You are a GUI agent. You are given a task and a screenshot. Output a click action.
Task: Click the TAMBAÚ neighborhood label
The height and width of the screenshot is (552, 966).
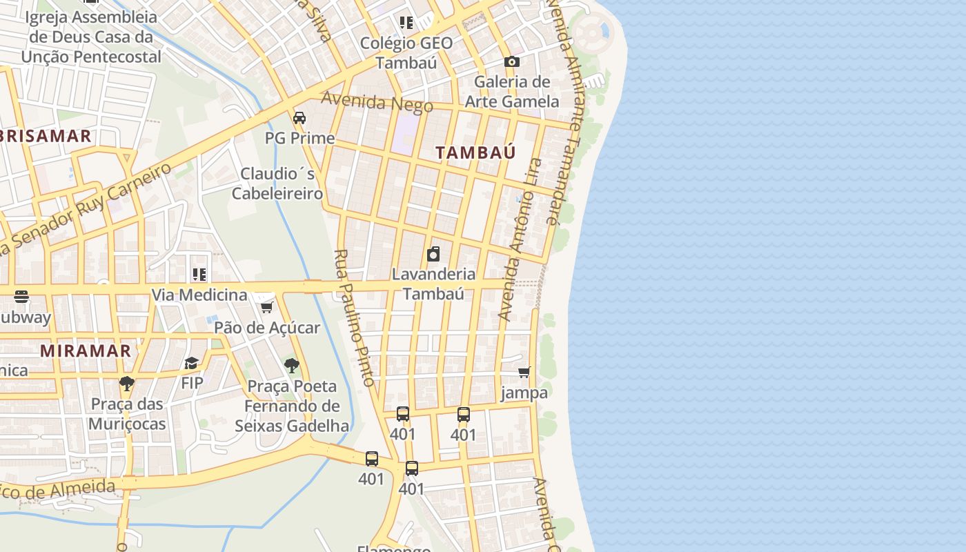coord(475,152)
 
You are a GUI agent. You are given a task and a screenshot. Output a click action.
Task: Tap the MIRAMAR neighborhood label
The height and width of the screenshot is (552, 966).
coord(86,351)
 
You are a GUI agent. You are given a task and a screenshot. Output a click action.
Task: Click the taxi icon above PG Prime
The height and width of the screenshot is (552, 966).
coord(299,118)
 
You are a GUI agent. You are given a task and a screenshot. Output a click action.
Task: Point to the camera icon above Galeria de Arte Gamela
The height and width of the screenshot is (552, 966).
coord(511,62)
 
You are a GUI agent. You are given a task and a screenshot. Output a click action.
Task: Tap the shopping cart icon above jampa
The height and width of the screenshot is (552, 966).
coord(524,373)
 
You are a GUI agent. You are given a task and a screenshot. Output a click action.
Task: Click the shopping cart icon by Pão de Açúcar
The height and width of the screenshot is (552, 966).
coord(267,307)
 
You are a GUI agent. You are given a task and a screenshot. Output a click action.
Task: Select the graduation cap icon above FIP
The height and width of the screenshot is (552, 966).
coord(192,363)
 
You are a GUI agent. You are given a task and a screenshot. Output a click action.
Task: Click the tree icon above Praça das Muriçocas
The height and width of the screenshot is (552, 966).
coord(126,384)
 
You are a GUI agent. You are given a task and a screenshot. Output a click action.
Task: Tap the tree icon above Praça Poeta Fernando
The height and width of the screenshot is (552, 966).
coord(292,366)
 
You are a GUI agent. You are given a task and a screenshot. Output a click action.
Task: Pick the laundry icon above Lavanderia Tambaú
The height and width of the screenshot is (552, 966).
coord(433,254)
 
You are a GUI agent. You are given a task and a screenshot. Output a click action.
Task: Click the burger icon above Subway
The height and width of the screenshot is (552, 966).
coord(21,297)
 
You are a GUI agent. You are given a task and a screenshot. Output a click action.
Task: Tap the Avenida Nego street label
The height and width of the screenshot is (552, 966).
coord(377,102)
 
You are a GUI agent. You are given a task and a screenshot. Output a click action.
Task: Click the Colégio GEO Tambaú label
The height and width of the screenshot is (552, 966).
coord(406,52)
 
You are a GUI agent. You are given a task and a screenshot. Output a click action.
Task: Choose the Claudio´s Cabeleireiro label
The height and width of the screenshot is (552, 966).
coord(277,184)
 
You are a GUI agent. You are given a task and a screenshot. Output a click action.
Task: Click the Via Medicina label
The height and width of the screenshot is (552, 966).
coord(199,295)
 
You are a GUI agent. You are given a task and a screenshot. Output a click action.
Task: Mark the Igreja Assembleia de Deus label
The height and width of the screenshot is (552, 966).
coord(91,37)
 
